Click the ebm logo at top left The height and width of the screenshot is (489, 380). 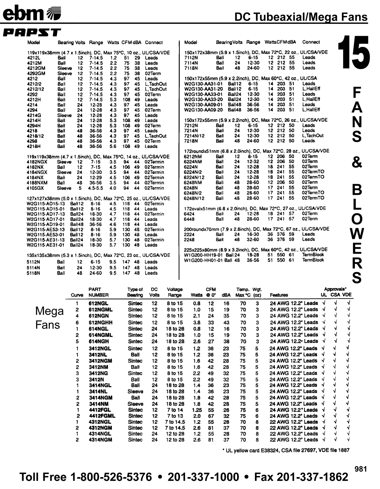[x=31, y=13]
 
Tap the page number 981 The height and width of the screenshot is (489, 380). [x=361, y=469]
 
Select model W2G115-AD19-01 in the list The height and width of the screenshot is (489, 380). [x=46, y=225]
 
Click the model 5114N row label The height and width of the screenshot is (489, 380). [x=33, y=268]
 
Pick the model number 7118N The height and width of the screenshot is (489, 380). [x=191, y=68]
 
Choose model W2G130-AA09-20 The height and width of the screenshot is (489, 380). [x=204, y=110]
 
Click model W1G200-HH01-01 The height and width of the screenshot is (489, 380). [x=204, y=260]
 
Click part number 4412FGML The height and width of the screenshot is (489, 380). [x=102, y=416]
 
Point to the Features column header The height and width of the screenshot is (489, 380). [x=279, y=295]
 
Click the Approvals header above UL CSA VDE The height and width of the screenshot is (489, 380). [x=335, y=289]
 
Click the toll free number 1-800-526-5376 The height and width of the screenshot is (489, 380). [x=110, y=477]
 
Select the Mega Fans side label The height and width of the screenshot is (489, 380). [x=49, y=318]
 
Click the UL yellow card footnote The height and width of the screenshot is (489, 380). [x=285, y=450]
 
